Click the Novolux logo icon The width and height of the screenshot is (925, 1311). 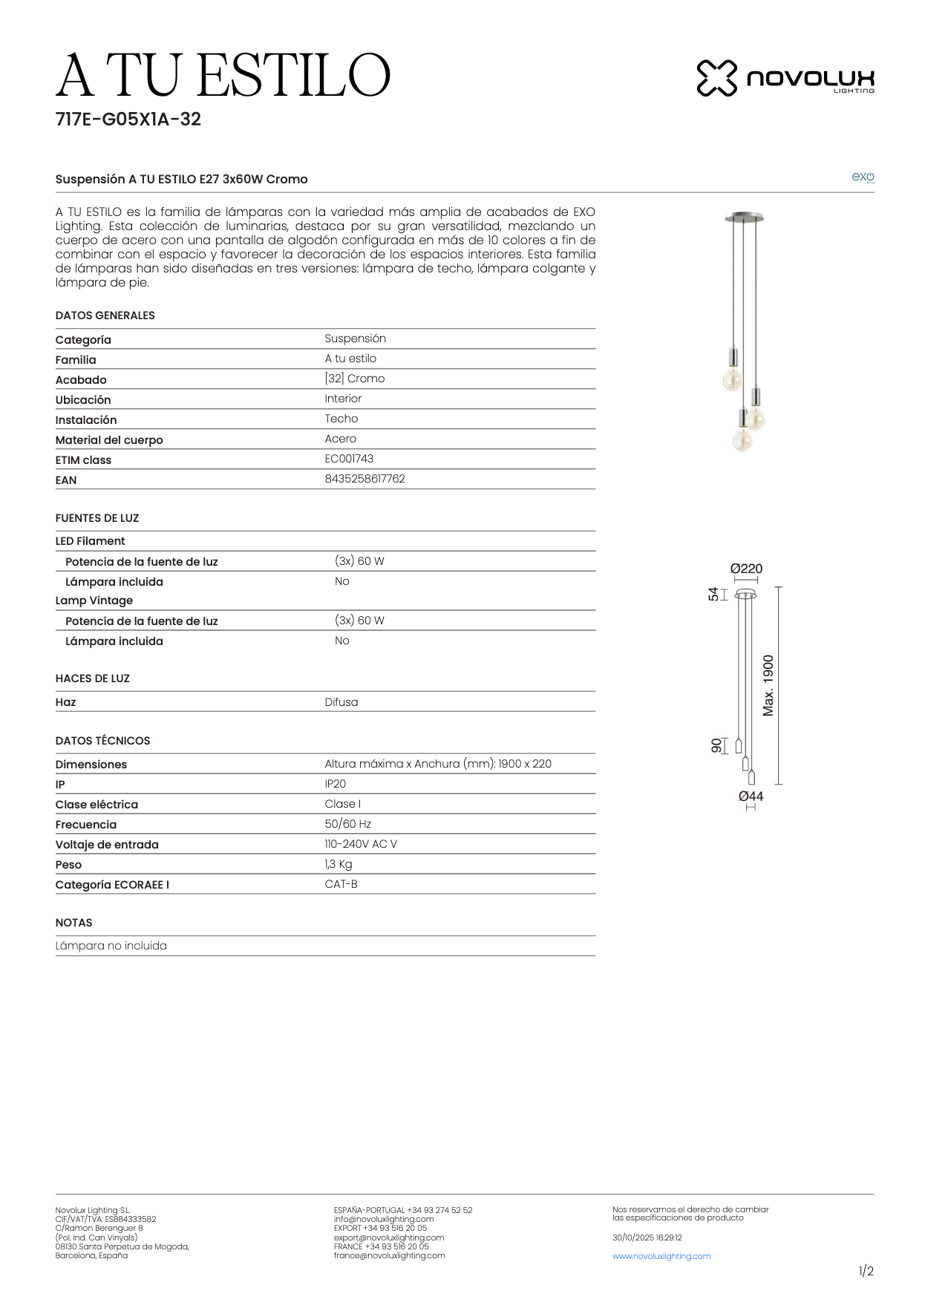716,78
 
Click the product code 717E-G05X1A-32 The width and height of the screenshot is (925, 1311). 128,120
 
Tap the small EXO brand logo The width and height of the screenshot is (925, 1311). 862,177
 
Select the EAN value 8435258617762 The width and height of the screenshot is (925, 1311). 365,479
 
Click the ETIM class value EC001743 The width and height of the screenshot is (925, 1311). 349,459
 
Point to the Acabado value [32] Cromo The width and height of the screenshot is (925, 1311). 354,379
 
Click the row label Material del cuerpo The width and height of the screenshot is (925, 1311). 109,440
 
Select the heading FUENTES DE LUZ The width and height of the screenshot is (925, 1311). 97,518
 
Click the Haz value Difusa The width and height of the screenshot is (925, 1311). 341,702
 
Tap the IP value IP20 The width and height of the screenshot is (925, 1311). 335,784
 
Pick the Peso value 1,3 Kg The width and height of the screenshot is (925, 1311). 338,864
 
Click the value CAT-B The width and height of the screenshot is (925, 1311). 341,884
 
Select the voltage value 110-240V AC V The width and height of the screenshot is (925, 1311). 360,844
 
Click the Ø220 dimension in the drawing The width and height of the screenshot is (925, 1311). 746,569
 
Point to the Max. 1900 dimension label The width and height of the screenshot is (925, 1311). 768,685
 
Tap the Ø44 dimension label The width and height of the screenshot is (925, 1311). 751,797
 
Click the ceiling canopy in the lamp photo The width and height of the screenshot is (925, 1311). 744,218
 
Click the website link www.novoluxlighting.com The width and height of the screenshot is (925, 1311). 661,1256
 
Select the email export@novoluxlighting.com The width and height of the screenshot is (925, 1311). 388,1238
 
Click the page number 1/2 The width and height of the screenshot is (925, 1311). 866,1271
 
